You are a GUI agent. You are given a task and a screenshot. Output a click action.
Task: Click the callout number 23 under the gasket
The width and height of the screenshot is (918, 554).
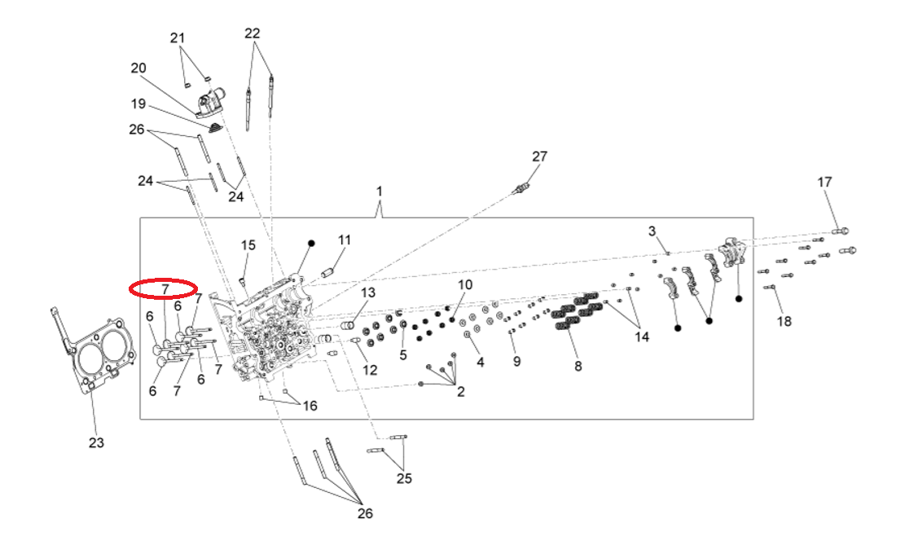(x=97, y=443)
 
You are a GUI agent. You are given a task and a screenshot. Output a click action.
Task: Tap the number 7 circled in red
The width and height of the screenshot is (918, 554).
(x=165, y=288)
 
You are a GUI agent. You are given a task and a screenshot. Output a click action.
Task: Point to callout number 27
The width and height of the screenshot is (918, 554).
(x=540, y=156)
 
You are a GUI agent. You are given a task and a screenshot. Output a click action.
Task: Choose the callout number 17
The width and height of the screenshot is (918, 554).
(x=825, y=182)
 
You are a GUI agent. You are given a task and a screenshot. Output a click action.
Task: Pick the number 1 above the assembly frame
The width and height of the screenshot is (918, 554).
(x=379, y=191)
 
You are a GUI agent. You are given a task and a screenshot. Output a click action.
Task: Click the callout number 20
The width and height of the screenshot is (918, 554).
(x=138, y=68)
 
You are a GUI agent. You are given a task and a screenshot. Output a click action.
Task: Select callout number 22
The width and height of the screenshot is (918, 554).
(x=253, y=33)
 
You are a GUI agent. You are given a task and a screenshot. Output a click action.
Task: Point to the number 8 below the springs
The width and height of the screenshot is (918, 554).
(x=578, y=367)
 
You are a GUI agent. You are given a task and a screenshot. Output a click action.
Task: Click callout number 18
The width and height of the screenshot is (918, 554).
(x=784, y=322)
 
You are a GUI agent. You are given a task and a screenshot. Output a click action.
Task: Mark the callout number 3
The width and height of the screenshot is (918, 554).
(x=652, y=231)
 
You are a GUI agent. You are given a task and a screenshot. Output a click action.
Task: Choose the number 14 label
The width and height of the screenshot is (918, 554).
(x=642, y=337)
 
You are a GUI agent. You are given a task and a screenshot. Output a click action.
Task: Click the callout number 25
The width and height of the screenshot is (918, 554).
(x=404, y=479)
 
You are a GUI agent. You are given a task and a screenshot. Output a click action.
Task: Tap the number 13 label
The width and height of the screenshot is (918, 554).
(x=368, y=292)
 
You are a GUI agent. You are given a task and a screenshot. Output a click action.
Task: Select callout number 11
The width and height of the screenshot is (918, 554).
(x=345, y=240)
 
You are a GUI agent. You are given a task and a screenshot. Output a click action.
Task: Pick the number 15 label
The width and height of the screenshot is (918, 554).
(x=248, y=245)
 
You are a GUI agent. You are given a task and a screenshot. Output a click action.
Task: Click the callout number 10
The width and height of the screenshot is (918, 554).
(x=464, y=284)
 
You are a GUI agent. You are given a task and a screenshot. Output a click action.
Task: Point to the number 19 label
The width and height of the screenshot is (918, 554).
(x=138, y=104)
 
